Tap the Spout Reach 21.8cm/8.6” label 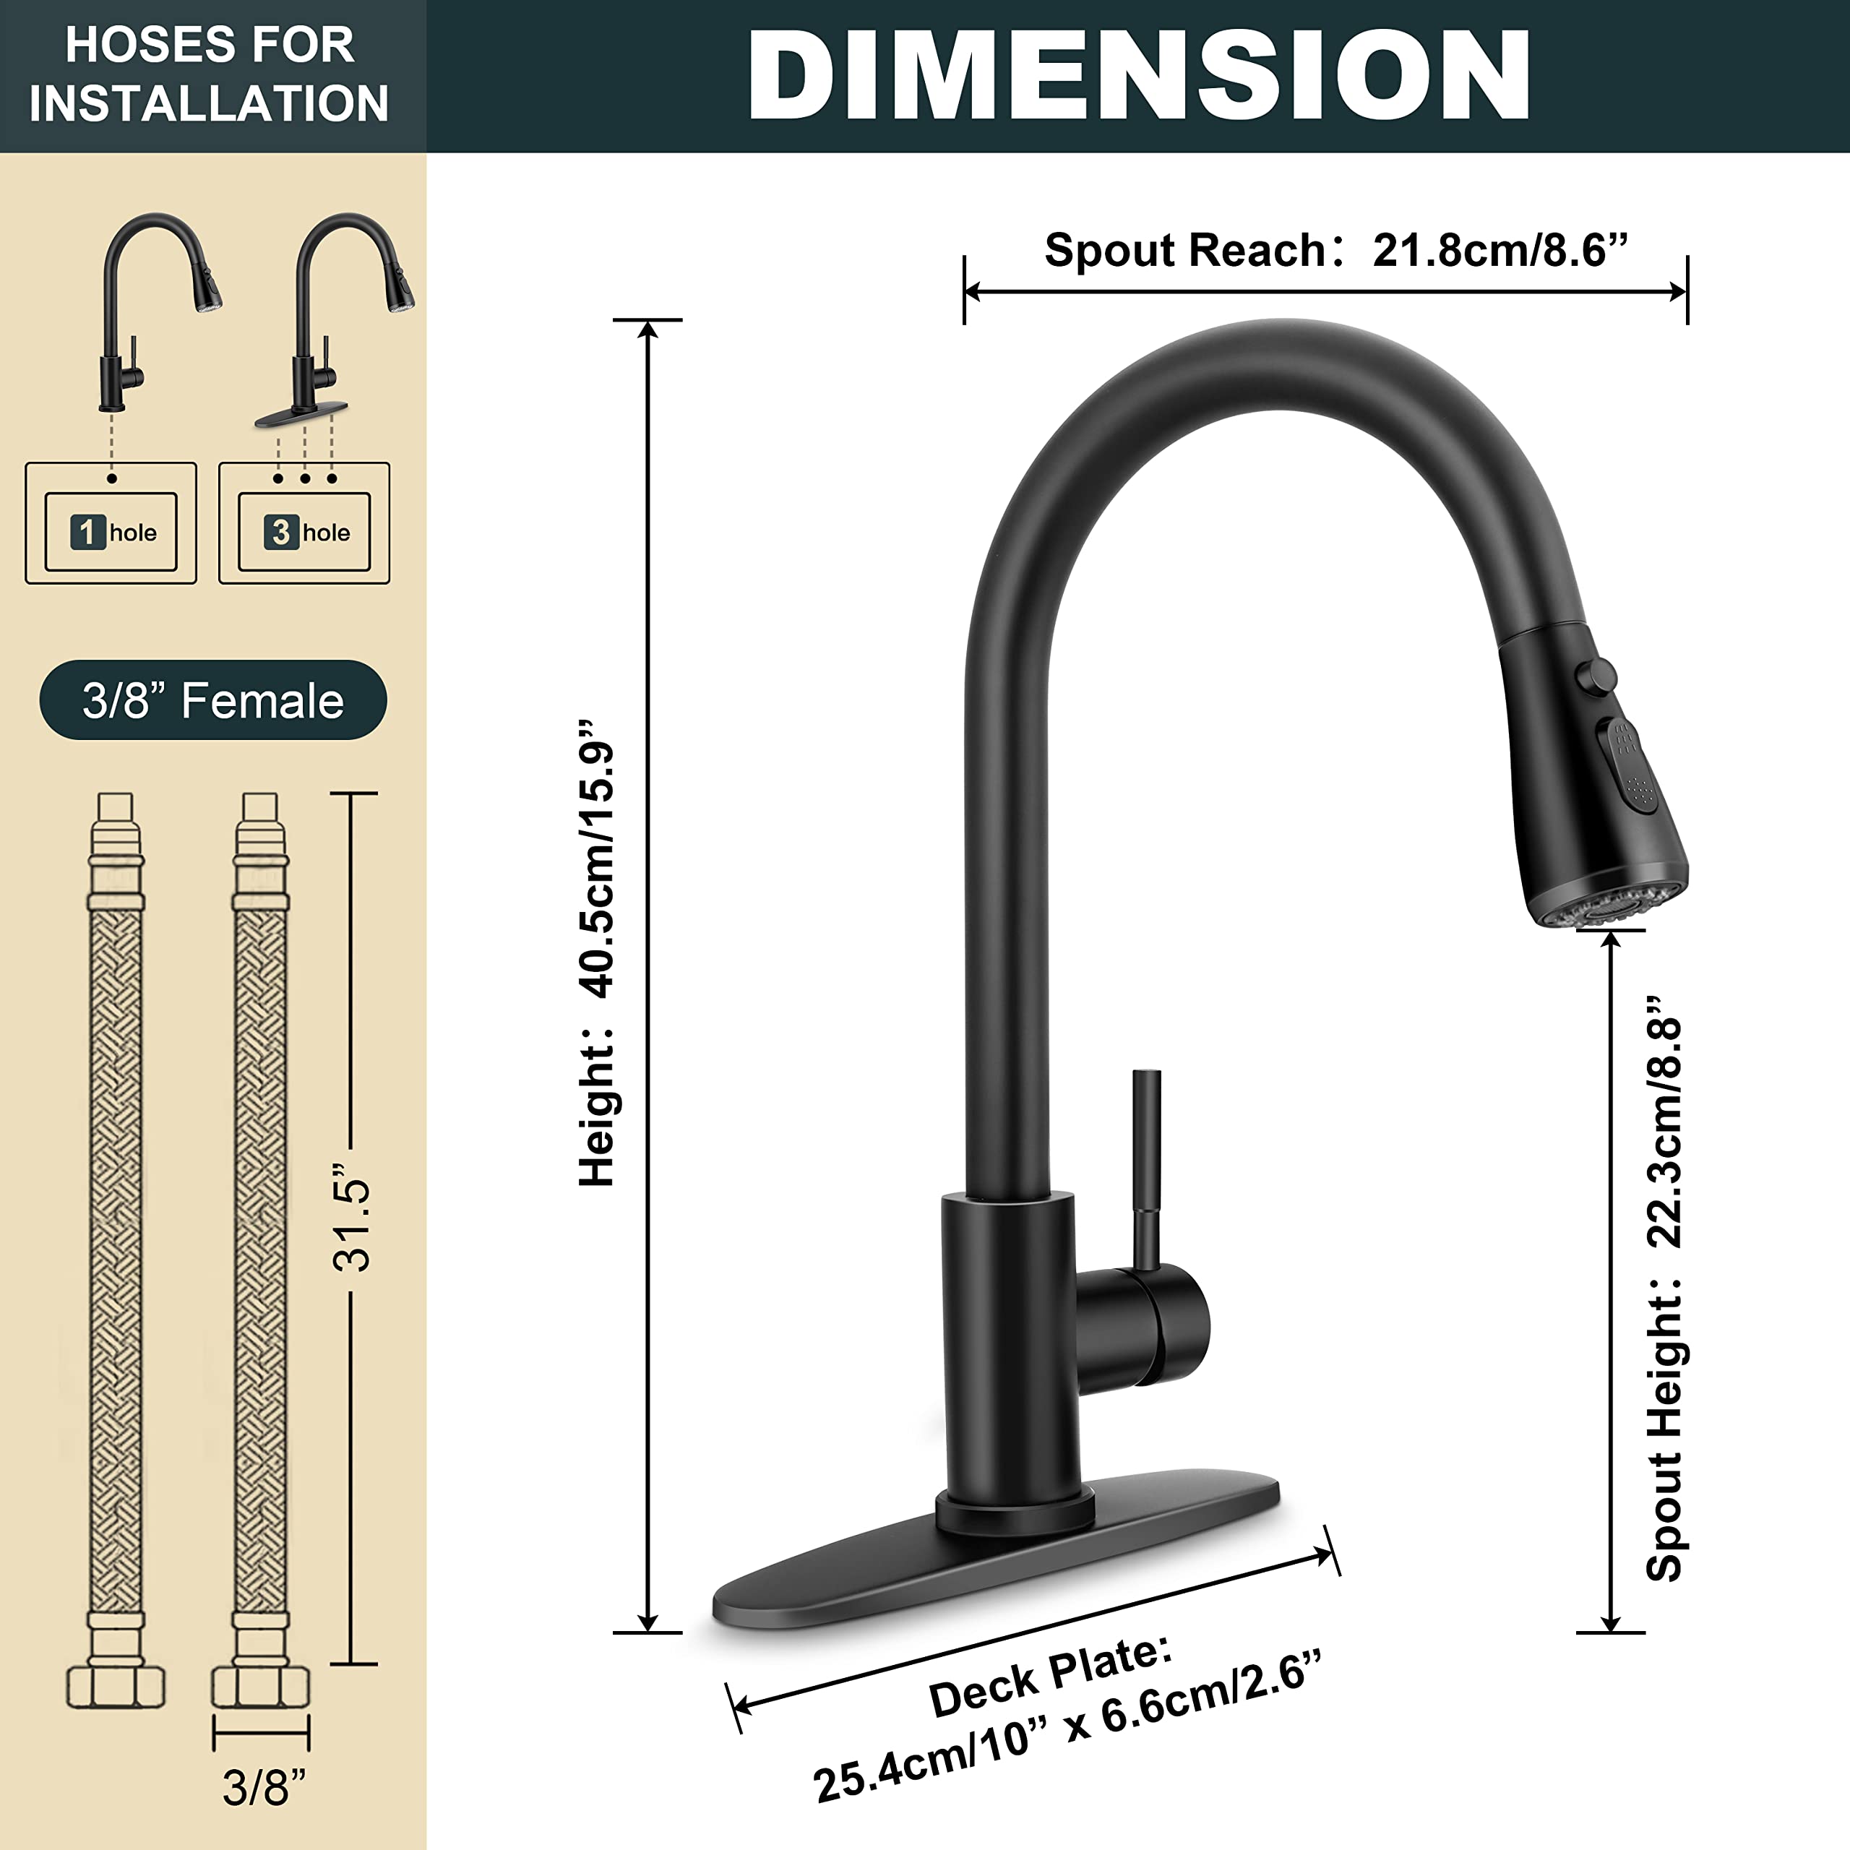click(1335, 251)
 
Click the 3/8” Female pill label click(212, 700)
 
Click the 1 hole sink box click(111, 531)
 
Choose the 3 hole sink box click(304, 531)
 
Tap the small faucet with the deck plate click(330, 326)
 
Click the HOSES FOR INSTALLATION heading click(210, 74)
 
